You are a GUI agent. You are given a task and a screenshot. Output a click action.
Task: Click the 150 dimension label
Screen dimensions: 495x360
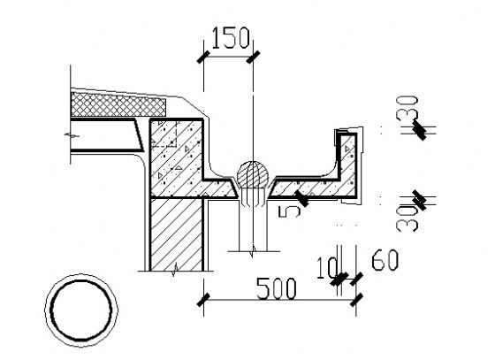(231, 38)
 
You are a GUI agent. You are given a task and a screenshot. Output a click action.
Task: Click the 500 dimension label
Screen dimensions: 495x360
(277, 288)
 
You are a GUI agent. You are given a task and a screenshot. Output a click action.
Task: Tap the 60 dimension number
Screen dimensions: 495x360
(385, 260)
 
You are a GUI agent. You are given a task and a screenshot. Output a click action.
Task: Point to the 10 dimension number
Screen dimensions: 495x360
(327, 268)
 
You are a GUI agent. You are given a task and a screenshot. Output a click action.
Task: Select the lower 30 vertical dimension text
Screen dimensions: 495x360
(407, 218)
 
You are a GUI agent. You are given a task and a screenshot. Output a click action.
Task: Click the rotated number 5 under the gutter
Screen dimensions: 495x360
(289, 211)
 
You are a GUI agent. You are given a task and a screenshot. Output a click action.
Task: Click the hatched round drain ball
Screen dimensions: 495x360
(253, 174)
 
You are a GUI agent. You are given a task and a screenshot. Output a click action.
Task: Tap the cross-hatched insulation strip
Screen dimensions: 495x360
(118, 104)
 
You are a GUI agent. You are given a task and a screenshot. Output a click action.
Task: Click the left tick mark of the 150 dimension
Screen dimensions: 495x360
(203, 57)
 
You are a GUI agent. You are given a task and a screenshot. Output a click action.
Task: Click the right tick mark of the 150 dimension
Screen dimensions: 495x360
(253, 57)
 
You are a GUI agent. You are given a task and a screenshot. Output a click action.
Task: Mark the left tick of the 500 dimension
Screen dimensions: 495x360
(203, 300)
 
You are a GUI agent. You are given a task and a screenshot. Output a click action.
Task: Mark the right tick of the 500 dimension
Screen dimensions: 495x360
(356, 300)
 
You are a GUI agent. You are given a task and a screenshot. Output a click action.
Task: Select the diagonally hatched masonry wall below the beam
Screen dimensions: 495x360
(177, 234)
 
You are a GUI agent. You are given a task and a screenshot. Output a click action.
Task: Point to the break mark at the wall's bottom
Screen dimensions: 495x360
(175, 271)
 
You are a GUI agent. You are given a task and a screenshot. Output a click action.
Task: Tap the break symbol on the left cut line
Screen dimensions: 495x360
(72, 135)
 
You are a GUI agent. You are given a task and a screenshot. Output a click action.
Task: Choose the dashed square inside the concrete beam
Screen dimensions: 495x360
(164, 134)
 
